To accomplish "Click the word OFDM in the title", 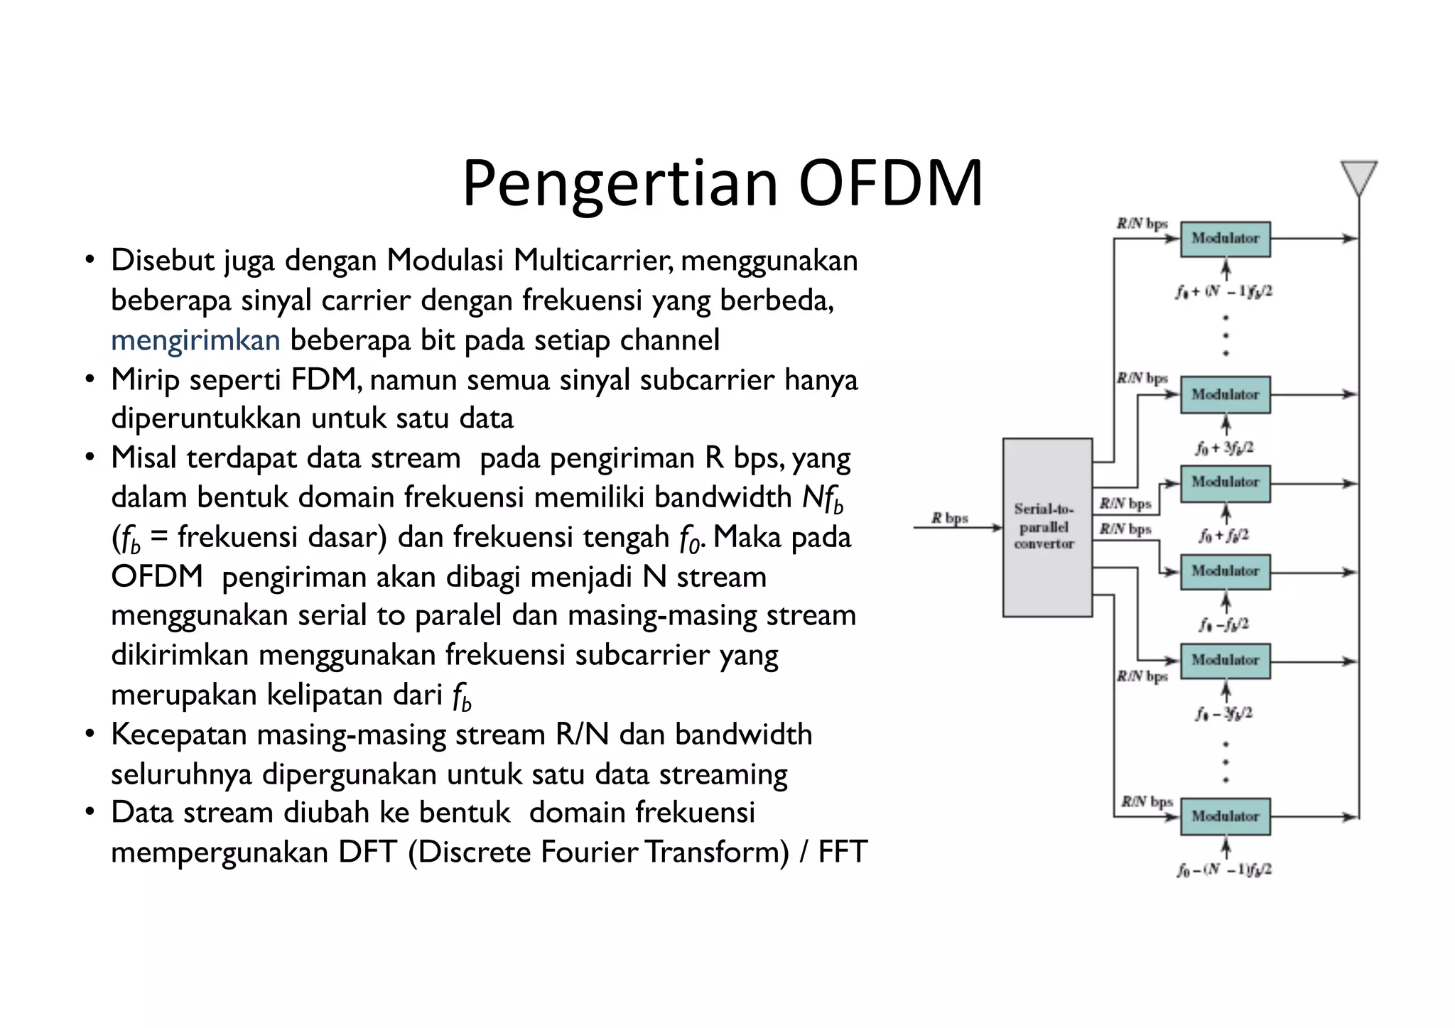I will pyautogui.click(x=890, y=183).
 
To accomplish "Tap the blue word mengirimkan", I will pyautogui.click(x=195, y=340).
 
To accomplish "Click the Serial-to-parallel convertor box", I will pyautogui.click(x=1046, y=527).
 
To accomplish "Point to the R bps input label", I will pyautogui.click(x=950, y=518).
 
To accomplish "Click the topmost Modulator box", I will pyautogui.click(x=1225, y=239).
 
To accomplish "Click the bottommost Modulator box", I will pyautogui.click(x=1225, y=816).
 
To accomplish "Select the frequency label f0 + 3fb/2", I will pyautogui.click(x=1224, y=448).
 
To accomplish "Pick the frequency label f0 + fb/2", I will pyautogui.click(x=1223, y=536).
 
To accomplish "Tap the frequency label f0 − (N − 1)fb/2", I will pyautogui.click(x=1223, y=870).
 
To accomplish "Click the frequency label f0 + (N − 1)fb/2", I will pyautogui.click(x=1223, y=291).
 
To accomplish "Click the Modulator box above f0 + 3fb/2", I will pyautogui.click(x=1225, y=395).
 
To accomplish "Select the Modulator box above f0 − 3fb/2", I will pyautogui.click(x=1225, y=661).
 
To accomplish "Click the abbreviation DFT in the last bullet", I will pyautogui.click(x=367, y=852).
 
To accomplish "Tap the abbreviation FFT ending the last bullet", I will pyautogui.click(x=843, y=852).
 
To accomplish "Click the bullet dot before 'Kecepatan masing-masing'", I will pyautogui.click(x=90, y=734).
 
